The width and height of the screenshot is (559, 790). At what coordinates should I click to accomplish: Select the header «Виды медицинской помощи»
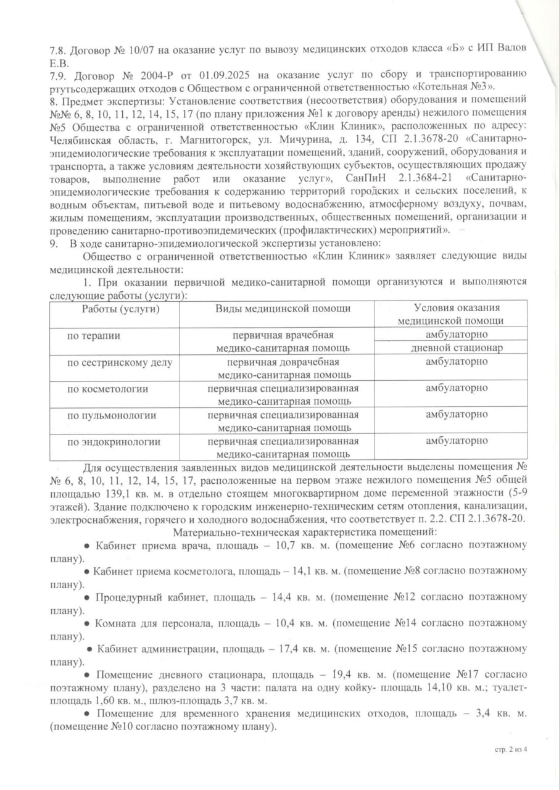283,309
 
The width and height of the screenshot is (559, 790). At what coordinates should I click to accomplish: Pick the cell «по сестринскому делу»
112,362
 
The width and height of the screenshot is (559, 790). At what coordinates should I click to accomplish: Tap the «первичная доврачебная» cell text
283,362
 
